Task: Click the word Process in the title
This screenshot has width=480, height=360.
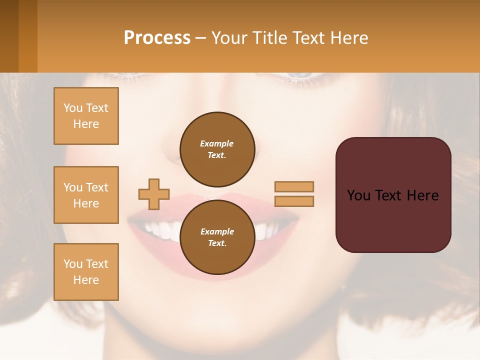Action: (157, 38)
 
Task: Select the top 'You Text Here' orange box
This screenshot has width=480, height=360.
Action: (86, 116)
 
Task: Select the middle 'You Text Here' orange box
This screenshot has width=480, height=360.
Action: (86, 195)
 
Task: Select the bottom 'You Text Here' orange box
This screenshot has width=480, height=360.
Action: (86, 272)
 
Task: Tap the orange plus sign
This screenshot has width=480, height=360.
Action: (154, 194)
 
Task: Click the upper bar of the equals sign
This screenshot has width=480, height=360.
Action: (294, 186)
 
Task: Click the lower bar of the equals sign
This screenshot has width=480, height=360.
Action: (294, 201)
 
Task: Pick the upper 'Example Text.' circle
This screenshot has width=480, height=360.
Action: (217, 149)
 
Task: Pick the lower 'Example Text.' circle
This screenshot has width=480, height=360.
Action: (217, 237)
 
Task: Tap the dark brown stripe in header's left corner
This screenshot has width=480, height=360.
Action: (9, 36)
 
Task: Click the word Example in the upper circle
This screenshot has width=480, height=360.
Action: (217, 143)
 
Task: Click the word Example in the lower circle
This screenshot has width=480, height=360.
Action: (217, 231)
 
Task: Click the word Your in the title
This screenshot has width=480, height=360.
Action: (230, 38)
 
